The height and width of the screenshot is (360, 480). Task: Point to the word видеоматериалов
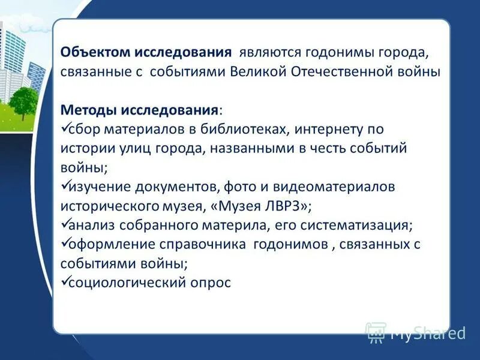(344, 187)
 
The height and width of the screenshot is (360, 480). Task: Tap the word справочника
(193, 244)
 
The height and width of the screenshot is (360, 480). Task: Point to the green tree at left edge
(24, 100)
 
